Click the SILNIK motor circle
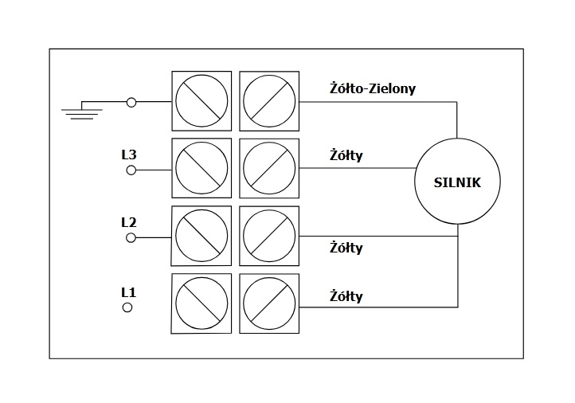point(458,182)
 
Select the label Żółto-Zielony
point(372,88)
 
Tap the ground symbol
point(81,111)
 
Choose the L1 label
point(128,291)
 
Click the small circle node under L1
point(127,307)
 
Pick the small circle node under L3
point(131,170)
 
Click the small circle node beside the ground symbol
point(131,102)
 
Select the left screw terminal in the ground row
point(201,101)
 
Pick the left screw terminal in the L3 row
point(201,169)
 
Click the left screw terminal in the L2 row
point(201,237)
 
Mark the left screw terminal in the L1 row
point(201,304)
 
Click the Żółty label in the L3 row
point(346,155)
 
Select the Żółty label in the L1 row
point(346,296)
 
